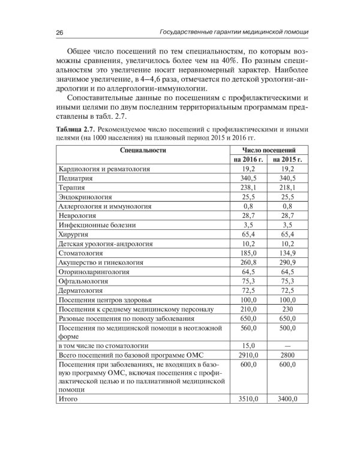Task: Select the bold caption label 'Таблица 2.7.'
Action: (77, 129)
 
